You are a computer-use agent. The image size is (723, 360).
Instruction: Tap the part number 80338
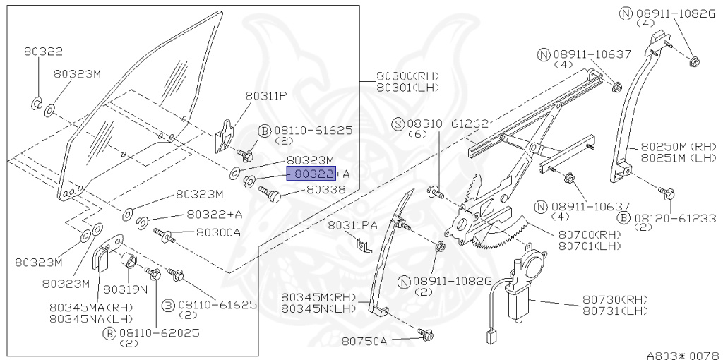pyautogui.click(x=325, y=189)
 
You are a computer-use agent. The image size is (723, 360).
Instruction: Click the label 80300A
pyautogui.click(x=218, y=232)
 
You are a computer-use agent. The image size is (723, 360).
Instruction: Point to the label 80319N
pyautogui.click(x=125, y=289)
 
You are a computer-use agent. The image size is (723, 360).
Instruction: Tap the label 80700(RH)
pyautogui.click(x=588, y=234)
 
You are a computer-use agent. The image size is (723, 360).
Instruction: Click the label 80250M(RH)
pyautogui.click(x=674, y=146)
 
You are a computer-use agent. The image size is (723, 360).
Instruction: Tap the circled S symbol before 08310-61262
pyautogui.click(x=398, y=124)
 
